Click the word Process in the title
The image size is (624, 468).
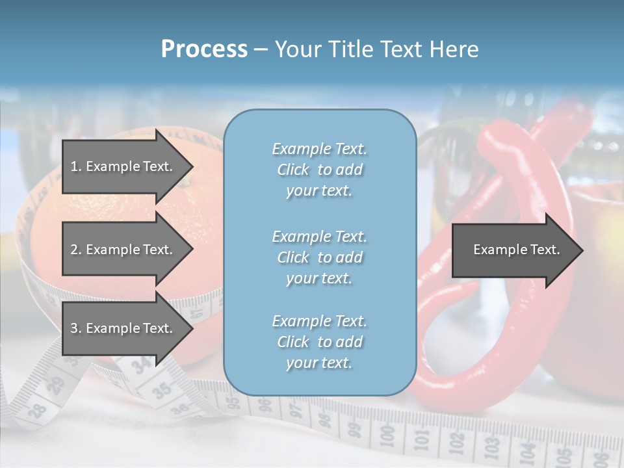(204, 49)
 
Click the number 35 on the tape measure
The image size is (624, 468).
(162, 389)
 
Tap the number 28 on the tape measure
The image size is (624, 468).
(36, 409)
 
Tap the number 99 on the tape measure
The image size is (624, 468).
(353, 428)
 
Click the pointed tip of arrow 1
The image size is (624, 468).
(193, 166)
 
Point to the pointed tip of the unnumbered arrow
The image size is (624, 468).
(583, 250)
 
